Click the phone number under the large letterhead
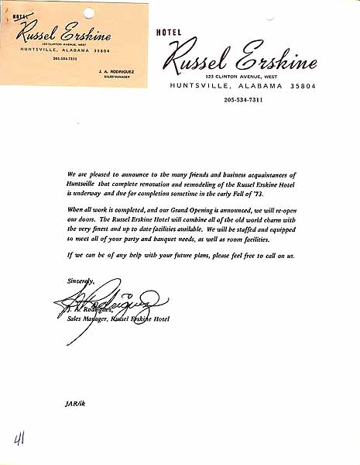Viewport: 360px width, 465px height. [242, 99]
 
